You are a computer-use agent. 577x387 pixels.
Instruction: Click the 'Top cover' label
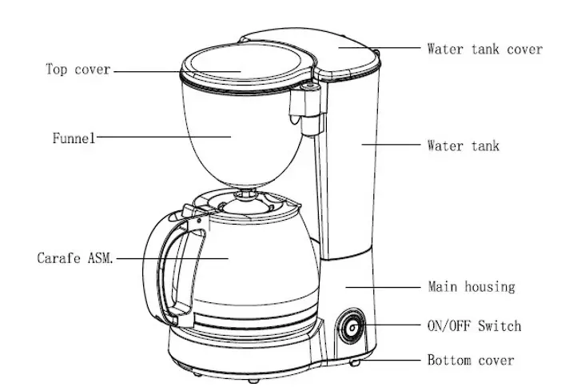[x=77, y=70]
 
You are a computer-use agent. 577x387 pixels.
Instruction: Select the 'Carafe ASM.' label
[x=76, y=259]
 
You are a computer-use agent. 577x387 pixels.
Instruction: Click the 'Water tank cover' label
[x=484, y=50]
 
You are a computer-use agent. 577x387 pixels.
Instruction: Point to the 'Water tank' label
[x=463, y=146]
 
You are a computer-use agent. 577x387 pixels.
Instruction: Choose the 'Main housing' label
[x=472, y=286]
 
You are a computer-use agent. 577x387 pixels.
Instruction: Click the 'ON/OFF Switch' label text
[x=474, y=325]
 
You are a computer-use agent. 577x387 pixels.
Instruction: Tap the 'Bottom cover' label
[x=471, y=361]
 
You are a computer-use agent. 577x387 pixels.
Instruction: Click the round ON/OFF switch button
[x=351, y=329]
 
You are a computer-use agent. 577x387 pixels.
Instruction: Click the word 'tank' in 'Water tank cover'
[x=484, y=50]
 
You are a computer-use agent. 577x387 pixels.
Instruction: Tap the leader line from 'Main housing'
[x=384, y=285]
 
